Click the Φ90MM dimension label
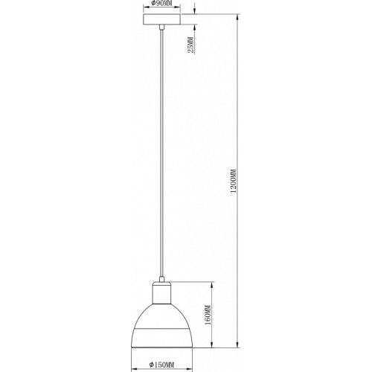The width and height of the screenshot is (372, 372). click(x=161, y=3)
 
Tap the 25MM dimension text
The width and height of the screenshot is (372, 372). click(x=190, y=45)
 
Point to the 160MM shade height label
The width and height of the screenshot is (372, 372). click(x=208, y=315)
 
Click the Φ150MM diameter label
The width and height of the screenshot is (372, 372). click(x=161, y=365)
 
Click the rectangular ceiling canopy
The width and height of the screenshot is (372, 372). click(x=161, y=19)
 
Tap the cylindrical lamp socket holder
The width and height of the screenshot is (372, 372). click(x=161, y=293)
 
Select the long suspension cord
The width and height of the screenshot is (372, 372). click(x=161, y=153)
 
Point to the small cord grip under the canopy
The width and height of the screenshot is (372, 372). click(x=161, y=28)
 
